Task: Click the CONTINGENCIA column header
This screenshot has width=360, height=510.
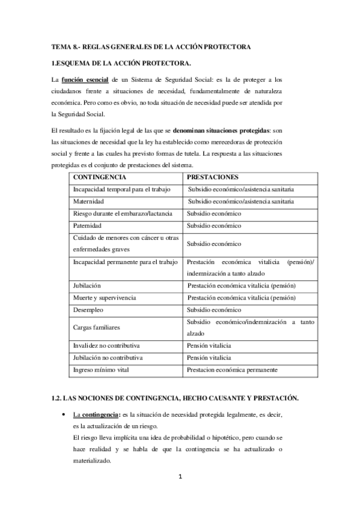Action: [99, 178]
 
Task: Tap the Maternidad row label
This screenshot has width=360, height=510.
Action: [89, 201]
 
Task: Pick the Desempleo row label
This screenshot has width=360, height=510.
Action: [88, 310]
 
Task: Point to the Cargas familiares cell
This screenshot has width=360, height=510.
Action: [96, 328]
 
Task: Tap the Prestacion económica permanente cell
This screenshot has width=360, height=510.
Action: [232, 370]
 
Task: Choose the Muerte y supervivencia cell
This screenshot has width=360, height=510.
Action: [104, 298]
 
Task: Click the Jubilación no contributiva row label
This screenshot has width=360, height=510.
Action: [108, 358]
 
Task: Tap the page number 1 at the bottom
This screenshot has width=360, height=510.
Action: [179, 478]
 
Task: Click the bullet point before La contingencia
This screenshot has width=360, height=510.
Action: [63, 415]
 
